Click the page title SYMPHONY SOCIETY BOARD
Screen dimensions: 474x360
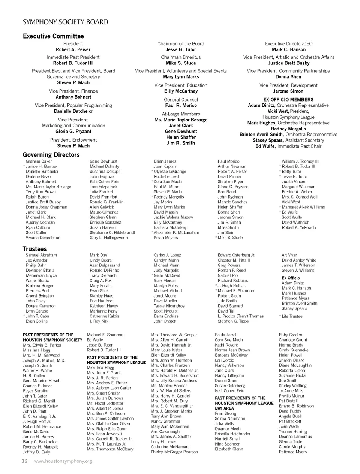[x=66, y=22]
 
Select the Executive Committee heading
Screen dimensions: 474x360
[x=53, y=36]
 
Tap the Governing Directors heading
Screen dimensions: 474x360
[x=51, y=155]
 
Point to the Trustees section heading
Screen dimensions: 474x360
[x=34, y=249]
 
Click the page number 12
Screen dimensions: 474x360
[x=25, y=461]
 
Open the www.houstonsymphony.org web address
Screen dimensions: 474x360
[x=63, y=461]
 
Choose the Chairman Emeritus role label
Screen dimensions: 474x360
[x=181, y=57]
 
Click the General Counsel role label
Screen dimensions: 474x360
[x=181, y=100]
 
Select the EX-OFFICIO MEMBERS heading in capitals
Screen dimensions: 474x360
[x=288, y=100]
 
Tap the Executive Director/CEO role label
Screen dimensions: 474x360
[x=288, y=44]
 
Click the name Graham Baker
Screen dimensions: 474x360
[x=39, y=161]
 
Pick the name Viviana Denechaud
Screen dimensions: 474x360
[x=43, y=238]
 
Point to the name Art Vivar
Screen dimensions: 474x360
[x=289, y=255]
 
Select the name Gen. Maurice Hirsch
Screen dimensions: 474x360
[x=42, y=381]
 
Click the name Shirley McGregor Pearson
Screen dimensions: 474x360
[x=174, y=452]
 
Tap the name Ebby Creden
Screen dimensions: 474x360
[x=290, y=335]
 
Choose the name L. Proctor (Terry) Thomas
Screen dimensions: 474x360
[x=240, y=316]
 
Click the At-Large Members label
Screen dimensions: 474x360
[x=181, y=114]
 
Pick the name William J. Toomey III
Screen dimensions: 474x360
[x=300, y=161]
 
